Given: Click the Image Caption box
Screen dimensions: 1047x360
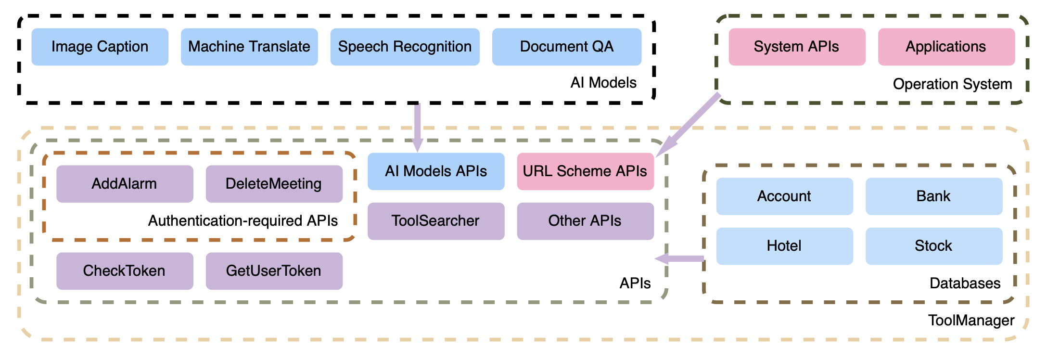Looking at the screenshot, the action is point(100,47).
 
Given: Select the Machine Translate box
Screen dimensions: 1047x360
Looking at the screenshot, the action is point(249,47).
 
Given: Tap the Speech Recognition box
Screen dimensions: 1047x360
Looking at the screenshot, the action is point(405,47).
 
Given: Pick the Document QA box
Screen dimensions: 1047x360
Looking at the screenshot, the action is point(567,47).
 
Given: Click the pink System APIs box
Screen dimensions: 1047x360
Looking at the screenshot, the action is point(797,47).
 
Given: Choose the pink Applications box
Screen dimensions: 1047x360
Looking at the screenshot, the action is point(946,47).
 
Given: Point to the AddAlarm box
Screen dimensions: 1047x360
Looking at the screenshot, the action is point(125,184).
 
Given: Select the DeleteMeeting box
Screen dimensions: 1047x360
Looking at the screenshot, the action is point(274,184).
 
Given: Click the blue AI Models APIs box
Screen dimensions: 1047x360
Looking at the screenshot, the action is point(436,171).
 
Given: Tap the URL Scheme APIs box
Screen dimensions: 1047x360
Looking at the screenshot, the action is point(586,171).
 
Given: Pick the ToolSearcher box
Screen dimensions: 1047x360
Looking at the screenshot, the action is point(436,221).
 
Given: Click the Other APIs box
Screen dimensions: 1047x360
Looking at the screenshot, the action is point(586,221).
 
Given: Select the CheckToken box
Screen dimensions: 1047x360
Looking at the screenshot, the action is point(125,271).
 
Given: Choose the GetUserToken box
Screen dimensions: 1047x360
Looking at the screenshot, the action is point(274,271).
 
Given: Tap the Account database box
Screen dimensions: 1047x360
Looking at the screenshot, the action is point(785,196).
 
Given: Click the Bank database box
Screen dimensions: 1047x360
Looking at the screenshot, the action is point(934,196).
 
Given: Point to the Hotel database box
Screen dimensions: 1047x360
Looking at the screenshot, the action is point(785,246).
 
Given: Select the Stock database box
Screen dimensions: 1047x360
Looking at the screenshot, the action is point(934,246).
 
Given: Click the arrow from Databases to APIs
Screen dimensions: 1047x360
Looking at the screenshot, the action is point(679,259).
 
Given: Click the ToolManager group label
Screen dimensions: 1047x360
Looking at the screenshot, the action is point(971,321).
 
